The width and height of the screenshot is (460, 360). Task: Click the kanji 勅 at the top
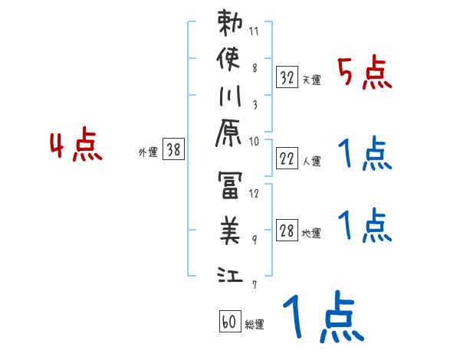231,24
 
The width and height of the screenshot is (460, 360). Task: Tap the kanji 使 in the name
231,59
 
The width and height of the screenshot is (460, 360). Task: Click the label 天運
311,80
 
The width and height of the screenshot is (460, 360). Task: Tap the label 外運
147,152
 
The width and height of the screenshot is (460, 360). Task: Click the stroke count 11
255,32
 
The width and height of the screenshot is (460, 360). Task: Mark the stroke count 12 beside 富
255,193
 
